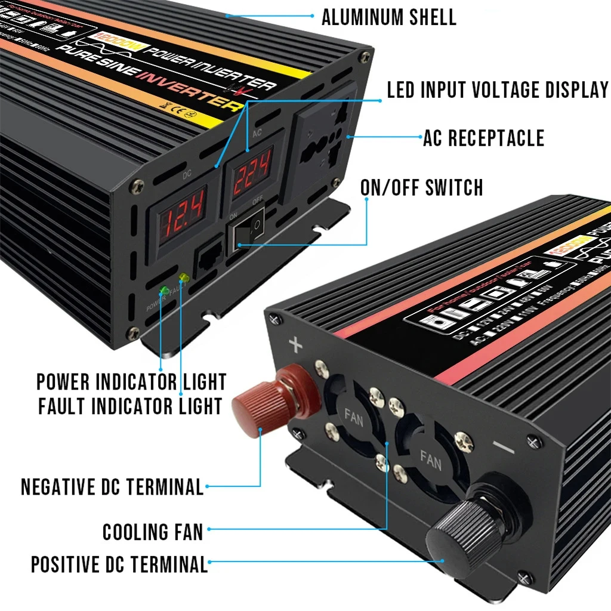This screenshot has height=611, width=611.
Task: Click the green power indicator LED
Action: [x=163, y=291]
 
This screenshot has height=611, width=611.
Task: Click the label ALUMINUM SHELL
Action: [x=388, y=17]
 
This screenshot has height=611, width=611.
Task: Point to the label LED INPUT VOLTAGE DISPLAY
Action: [x=497, y=90]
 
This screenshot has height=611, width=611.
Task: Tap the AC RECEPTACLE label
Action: [x=483, y=138]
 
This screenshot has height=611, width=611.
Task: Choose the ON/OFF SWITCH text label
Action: [x=421, y=187]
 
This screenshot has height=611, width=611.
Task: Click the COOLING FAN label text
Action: [x=153, y=532]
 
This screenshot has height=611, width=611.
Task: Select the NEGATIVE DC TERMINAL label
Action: [x=112, y=487]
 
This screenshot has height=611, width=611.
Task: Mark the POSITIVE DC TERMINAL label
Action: [x=119, y=564]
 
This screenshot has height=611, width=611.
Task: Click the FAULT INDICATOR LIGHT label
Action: [x=130, y=406]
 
